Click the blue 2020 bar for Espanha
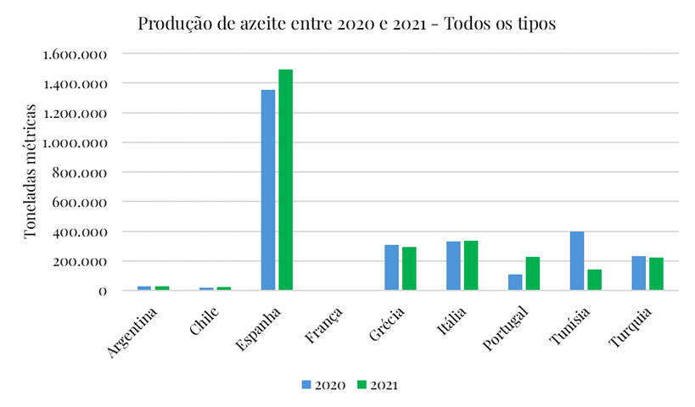(267, 190)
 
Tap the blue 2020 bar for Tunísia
(577, 261)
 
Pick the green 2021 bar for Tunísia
(595, 280)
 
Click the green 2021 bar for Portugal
(533, 273)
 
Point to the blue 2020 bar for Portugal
(515, 282)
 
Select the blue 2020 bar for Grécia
(391, 268)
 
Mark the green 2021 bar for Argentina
(162, 288)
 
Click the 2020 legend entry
(322, 385)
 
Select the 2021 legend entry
(376, 385)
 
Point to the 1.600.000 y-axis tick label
(74, 54)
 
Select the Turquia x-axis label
(632, 327)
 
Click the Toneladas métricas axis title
(31, 172)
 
